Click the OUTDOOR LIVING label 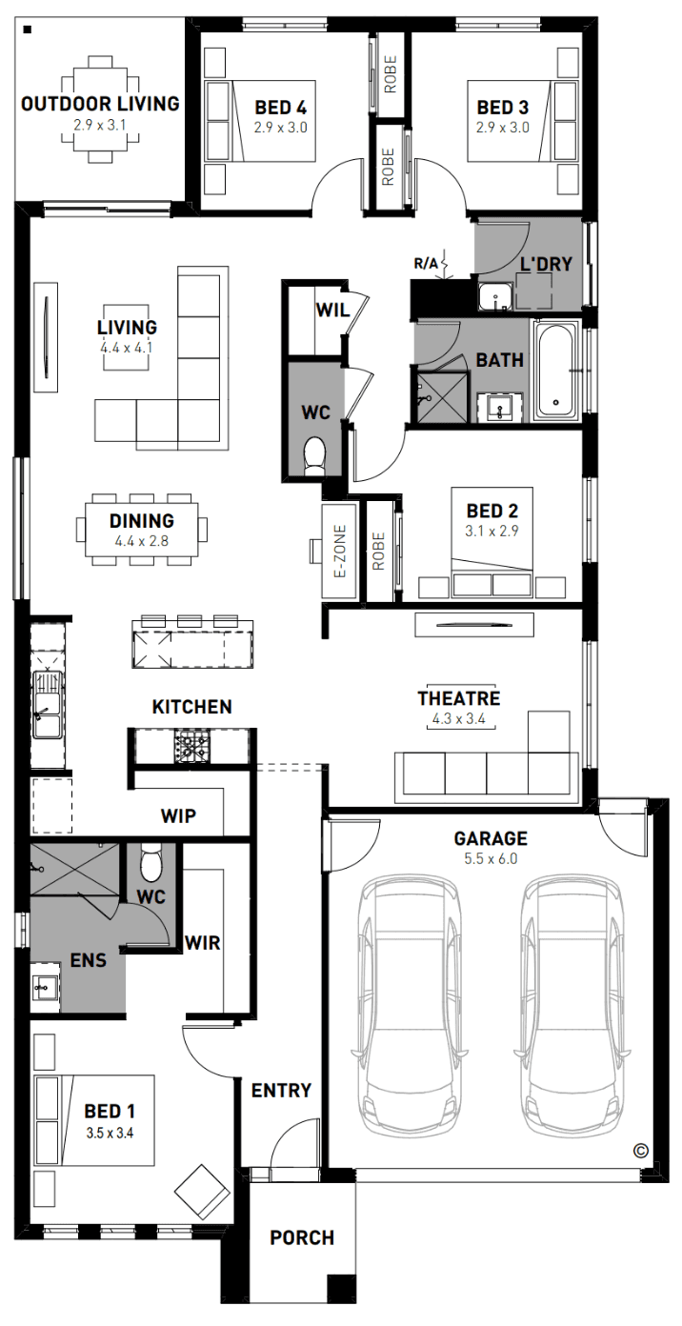point(100,104)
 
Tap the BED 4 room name point(281,107)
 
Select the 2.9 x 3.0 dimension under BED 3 point(503,128)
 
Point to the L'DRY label point(546,264)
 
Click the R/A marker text point(426,264)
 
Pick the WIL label point(332,310)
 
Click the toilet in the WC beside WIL point(314,455)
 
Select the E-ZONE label point(340,551)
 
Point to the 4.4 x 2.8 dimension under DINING point(142,540)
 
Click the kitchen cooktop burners point(191,747)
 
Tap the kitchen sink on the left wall point(47,705)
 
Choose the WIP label point(178,815)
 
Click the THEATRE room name point(459,698)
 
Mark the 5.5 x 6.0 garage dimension point(491,859)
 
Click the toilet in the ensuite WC point(150,862)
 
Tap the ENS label point(89,960)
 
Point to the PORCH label point(302,1237)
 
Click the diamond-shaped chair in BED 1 point(202,1190)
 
